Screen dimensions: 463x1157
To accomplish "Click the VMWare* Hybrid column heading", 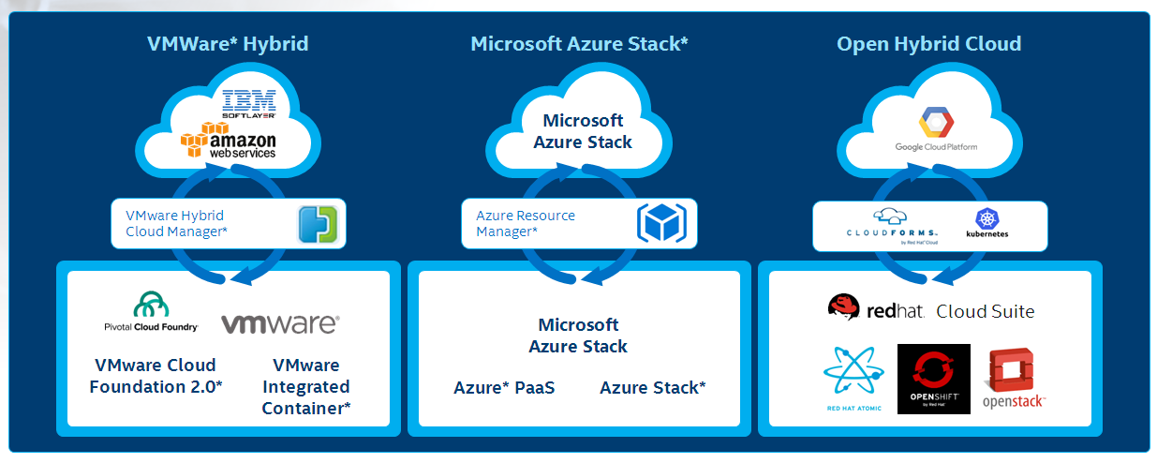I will click(x=228, y=44).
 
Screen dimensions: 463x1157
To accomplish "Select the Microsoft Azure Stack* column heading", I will click(x=579, y=44).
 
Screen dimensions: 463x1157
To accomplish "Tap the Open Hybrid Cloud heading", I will click(x=928, y=44).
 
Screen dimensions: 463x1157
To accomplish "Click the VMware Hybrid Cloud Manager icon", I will click(x=317, y=224).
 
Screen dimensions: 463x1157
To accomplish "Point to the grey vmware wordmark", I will click(x=280, y=324).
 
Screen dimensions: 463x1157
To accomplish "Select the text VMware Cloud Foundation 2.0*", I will click(x=156, y=375).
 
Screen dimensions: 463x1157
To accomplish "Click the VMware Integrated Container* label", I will click(x=306, y=386).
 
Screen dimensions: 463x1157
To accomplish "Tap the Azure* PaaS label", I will click(x=504, y=387).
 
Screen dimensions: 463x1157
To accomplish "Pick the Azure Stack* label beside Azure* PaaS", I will click(x=653, y=387).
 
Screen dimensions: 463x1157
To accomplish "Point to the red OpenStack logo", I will click(x=1014, y=380).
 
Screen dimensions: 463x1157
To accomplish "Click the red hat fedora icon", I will click(x=844, y=306).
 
